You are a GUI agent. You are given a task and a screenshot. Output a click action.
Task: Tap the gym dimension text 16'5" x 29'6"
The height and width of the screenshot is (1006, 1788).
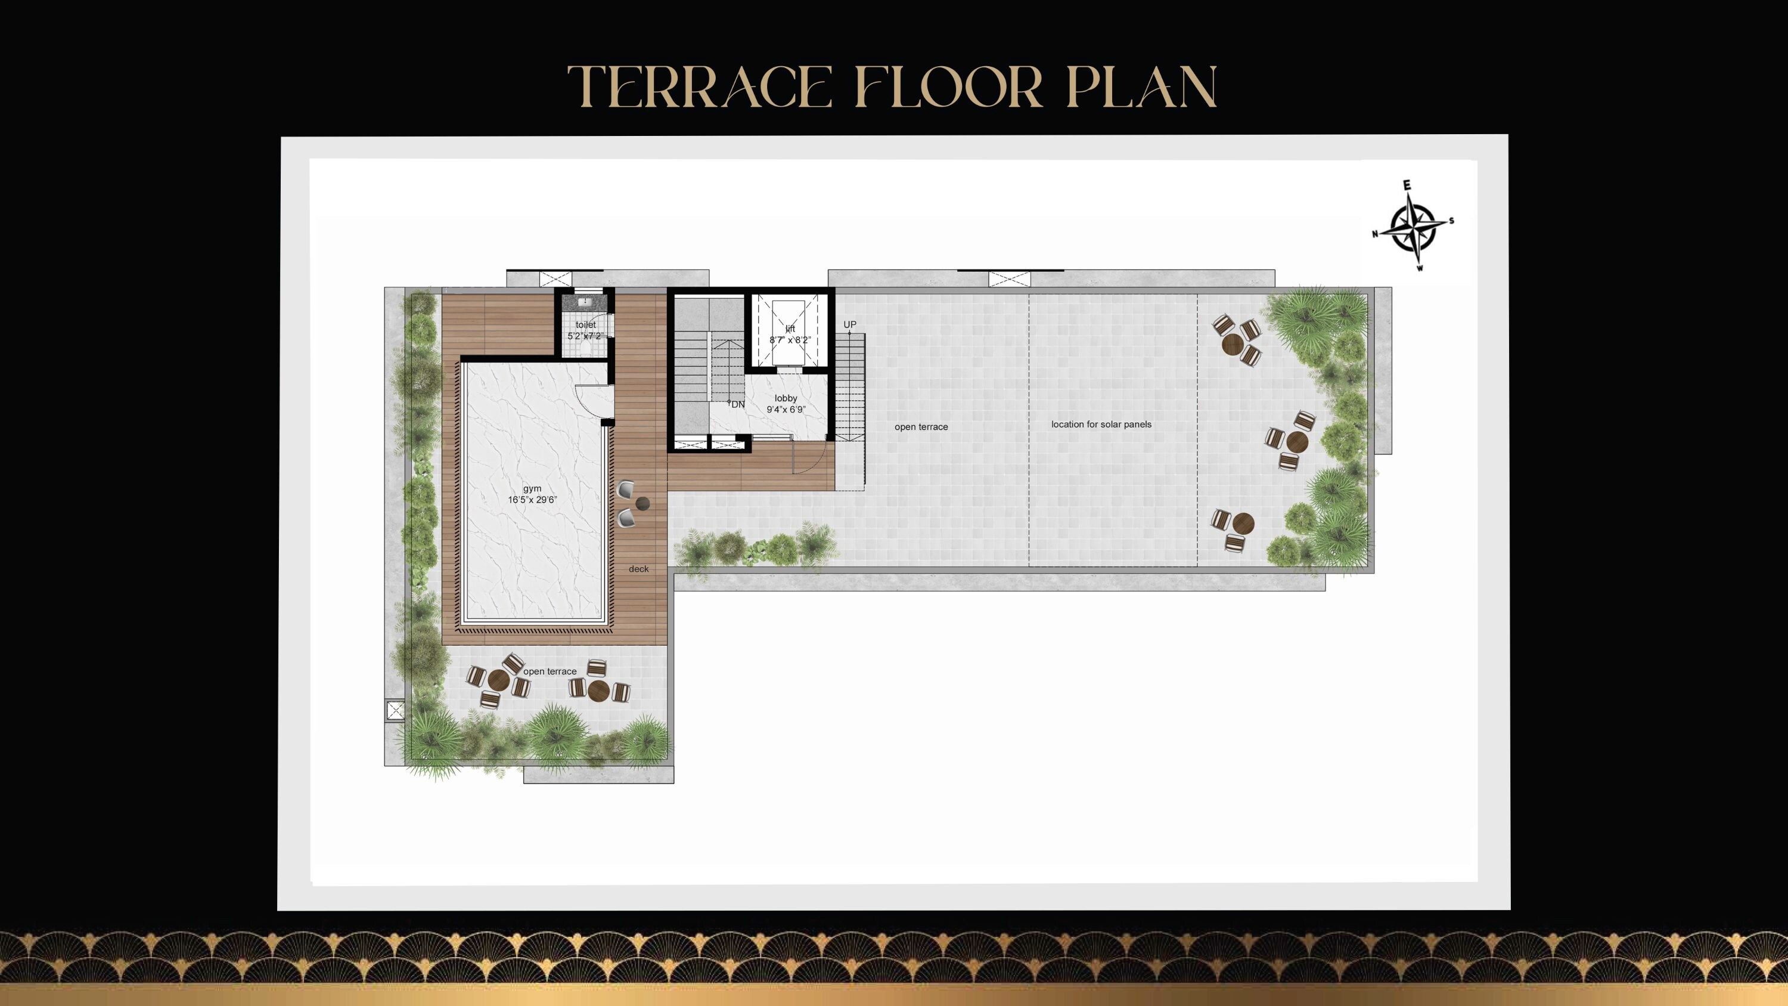tap(532, 500)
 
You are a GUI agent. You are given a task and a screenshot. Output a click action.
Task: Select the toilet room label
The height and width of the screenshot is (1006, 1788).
tap(585, 325)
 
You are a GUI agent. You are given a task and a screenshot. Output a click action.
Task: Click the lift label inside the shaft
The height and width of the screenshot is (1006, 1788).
tap(790, 329)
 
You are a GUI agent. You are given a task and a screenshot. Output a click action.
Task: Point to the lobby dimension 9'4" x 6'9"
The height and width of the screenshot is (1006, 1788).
tap(786, 410)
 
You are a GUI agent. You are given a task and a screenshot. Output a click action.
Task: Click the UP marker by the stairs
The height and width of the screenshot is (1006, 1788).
tap(849, 325)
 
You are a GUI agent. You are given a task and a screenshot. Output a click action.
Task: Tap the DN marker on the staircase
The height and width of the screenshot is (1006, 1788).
tap(737, 404)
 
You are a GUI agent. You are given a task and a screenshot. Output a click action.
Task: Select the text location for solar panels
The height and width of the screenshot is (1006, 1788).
tap(1101, 424)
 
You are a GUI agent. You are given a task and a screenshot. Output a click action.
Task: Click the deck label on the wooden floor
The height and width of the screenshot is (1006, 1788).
tap(638, 569)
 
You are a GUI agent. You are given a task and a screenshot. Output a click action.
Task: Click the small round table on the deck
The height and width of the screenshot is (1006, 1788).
tap(642, 503)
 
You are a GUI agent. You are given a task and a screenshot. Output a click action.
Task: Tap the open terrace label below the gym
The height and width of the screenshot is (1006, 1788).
tap(550, 671)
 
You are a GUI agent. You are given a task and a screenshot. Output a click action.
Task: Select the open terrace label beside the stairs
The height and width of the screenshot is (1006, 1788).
tap(921, 427)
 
